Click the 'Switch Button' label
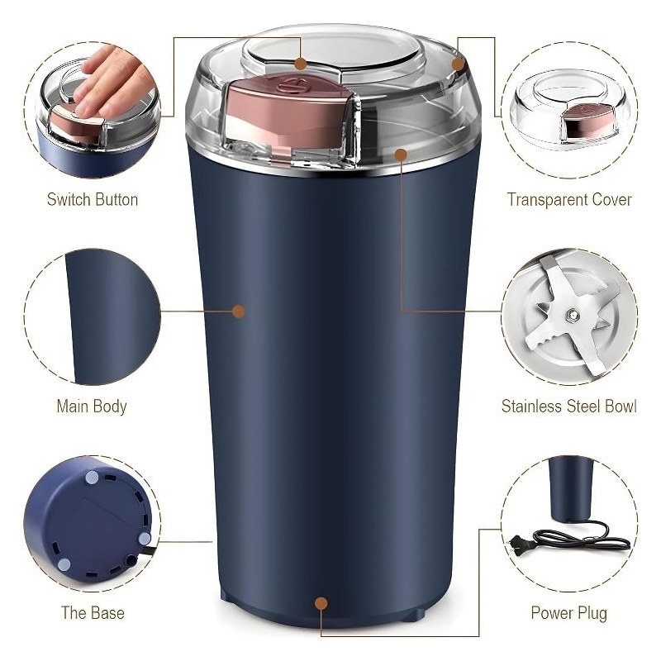pyautogui.click(x=93, y=200)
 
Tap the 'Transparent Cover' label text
pyautogui.click(x=569, y=200)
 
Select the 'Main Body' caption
pyautogui.click(x=92, y=407)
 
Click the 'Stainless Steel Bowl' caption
pyautogui.click(x=569, y=407)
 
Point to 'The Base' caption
pyautogui.click(x=93, y=613)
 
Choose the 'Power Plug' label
pyautogui.click(x=569, y=613)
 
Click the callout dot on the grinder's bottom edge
pyautogui.click(x=321, y=603)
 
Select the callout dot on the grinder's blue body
pyautogui.click(x=239, y=311)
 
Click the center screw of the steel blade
pyautogui.click(x=572, y=314)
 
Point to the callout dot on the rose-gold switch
pyautogui.click(x=300, y=64)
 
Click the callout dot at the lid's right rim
pyautogui.click(x=458, y=64)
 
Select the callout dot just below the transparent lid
pyautogui.click(x=402, y=155)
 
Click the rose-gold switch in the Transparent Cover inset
pyautogui.click(x=587, y=120)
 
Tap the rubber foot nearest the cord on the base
pyautogui.click(x=145, y=539)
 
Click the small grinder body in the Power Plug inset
pyautogui.click(x=571, y=489)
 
